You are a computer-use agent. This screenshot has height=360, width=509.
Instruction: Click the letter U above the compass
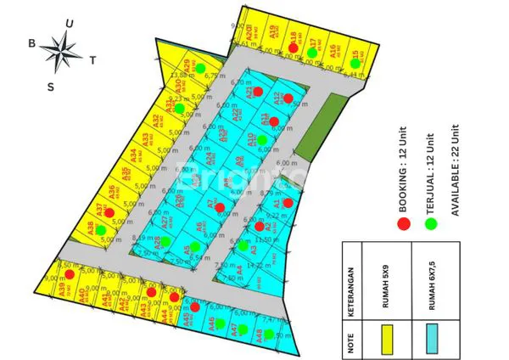click(x=70, y=24)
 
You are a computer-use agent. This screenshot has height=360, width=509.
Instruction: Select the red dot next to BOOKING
click(x=405, y=223)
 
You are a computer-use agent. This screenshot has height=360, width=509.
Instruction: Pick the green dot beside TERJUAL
click(x=430, y=223)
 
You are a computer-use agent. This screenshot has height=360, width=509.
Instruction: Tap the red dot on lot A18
click(x=294, y=48)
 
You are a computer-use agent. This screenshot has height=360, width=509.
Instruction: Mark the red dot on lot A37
click(x=109, y=212)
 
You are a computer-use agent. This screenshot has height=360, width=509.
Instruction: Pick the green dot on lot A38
click(x=101, y=229)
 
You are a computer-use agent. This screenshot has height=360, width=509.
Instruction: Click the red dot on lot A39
click(x=70, y=274)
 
